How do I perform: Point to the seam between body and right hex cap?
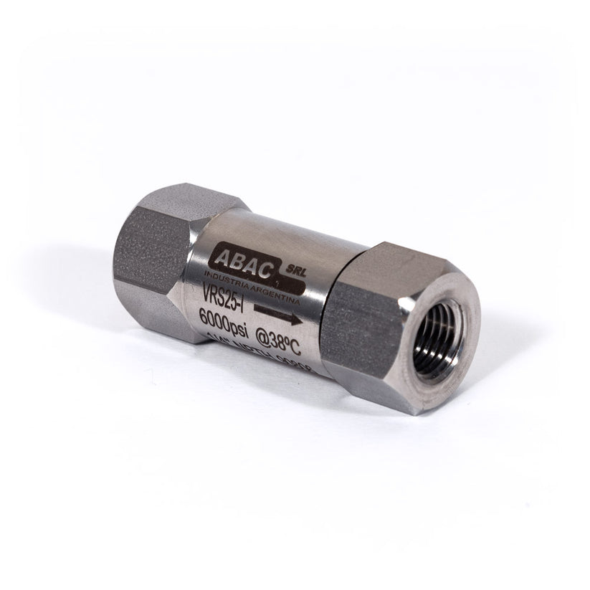pyautogui.click(x=328, y=301)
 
